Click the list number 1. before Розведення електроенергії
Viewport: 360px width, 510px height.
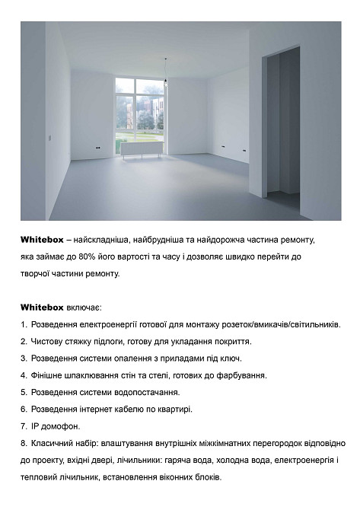coord(24,325)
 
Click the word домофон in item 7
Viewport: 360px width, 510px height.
coord(60,426)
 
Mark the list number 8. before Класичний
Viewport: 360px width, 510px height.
coord(24,443)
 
